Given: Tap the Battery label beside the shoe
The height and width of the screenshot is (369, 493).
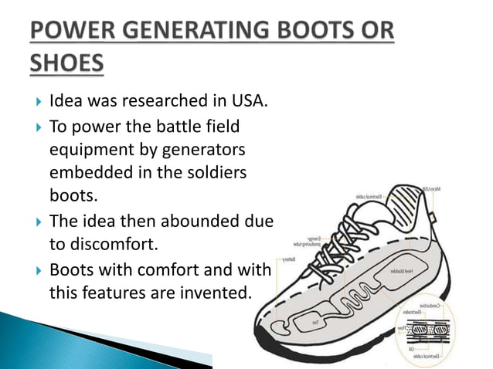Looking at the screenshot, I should coord(290,258).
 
